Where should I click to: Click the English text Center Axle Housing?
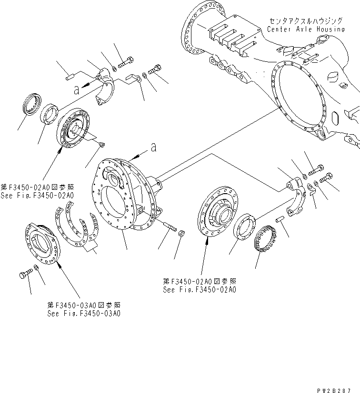(x=305, y=29)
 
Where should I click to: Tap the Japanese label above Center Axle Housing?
(x=305, y=21)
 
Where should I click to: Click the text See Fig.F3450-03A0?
(x=84, y=314)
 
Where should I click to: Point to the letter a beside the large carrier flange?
(x=153, y=147)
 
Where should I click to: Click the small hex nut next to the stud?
(x=181, y=233)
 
